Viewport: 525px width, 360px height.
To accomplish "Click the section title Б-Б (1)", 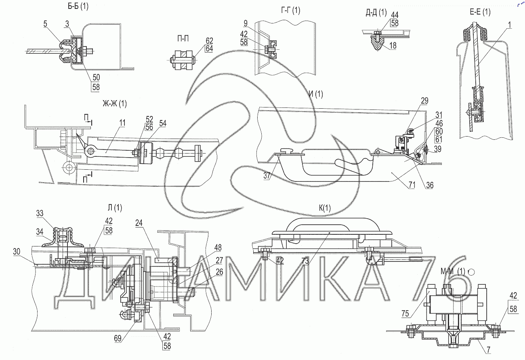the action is (78, 6).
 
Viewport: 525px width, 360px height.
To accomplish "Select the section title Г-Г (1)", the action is (290, 11).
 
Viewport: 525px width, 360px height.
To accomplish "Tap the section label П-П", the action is (183, 38).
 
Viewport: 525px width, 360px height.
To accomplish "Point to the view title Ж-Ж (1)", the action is (115, 103).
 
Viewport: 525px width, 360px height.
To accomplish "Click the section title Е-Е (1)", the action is (480, 12).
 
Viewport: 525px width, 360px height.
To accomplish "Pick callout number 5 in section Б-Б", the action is (45, 24).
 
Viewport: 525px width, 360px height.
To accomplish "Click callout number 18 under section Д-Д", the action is (393, 45).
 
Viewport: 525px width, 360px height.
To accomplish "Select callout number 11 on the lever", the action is (122, 123).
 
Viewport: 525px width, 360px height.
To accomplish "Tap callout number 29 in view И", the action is (425, 101).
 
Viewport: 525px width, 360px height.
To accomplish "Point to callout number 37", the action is (267, 175).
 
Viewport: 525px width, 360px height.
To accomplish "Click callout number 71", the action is (412, 185).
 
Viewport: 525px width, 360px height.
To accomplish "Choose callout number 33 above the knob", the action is (40, 213).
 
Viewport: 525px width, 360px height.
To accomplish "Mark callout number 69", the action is (118, 338).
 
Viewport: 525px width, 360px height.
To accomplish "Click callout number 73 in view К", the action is (305, 261).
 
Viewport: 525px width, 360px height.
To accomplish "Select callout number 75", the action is (405, 314).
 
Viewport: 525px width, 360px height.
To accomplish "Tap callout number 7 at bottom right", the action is (488, 350).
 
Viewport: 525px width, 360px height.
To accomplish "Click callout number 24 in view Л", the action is (139, 223).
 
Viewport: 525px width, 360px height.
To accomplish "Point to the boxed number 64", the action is (209, 48).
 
